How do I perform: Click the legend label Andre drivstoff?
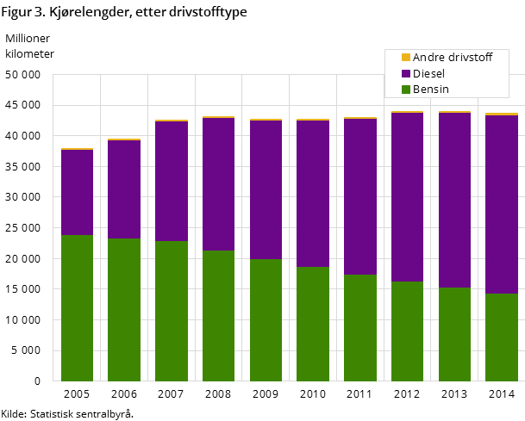[x=452, y=58]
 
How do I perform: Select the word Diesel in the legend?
[x=429, y=74]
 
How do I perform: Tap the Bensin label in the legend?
[x=430, y=90]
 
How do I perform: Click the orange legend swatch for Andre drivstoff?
[x=406, y=58]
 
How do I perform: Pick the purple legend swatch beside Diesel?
[x=406, y=74]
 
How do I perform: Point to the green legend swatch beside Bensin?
[x=406, y=90]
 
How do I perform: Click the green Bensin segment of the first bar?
[x=77, y=307]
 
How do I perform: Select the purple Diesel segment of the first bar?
[x=77, y=192]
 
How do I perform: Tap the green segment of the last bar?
[x=502, y=337]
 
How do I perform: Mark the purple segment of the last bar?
[x=502, y=204]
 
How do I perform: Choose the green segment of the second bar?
[x=124, y=309]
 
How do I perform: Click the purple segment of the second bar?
[x=124, y=189]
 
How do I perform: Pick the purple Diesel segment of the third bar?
[x=172, y=181]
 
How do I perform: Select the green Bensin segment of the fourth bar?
[x=218, y=315]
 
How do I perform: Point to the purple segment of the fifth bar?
[x=266, y=189]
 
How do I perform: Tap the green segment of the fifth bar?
[x=266, y=319]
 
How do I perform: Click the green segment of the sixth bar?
[x=313, y=324]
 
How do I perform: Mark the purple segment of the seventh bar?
[x=360, y=196]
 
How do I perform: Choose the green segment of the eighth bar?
[x=407, y=331]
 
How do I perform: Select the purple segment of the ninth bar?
[x=454, y=200]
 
